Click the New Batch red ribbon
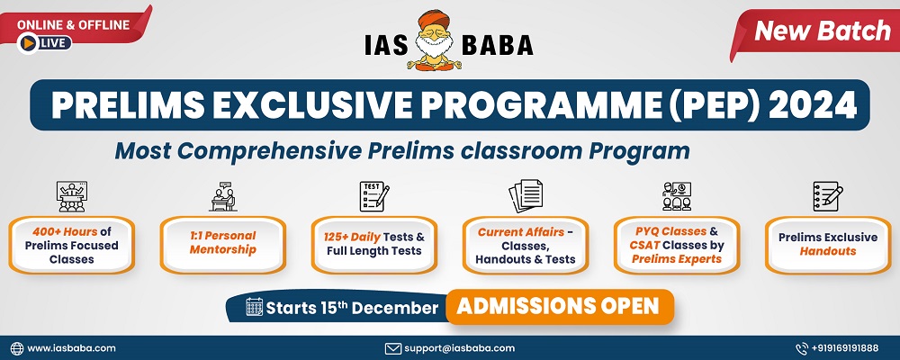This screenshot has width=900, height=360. pos(816,32)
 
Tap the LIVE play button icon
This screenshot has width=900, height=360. pos(28,43)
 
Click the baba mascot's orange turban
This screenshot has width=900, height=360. pos(434,19)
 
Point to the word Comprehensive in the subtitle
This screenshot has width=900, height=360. pos(269,151)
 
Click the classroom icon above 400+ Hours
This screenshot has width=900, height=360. pos(71,196)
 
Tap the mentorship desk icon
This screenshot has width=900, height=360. pos(222,196)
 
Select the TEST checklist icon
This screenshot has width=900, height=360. pos(374,196)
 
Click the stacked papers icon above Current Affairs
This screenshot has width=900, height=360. pos(526,196)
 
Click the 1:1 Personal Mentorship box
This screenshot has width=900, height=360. pos(222,245)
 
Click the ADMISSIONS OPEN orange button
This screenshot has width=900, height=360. pos(559,307)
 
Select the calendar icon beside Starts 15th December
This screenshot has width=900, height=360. pos(255,307)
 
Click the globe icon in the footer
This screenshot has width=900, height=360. pos(17,348)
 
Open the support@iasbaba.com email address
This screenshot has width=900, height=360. pos(459,348)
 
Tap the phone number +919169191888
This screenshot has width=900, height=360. pos(845,348)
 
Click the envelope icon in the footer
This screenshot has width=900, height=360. pos(392,348)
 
